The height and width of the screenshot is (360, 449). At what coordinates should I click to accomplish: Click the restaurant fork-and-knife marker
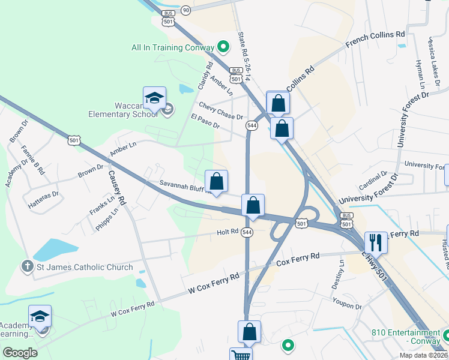tap(376, 242)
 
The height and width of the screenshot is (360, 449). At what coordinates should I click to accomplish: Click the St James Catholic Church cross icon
tap(26, 266)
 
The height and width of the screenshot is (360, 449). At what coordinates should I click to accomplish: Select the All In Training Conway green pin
tap(223, 46)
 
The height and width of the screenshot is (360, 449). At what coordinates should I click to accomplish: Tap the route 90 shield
tap(186, 10)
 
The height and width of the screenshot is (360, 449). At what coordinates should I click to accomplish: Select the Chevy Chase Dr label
tap(221, 111)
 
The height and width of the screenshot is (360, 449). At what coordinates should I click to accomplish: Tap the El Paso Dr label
tap(205, 121)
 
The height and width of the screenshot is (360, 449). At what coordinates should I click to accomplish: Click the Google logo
tap(20, 352)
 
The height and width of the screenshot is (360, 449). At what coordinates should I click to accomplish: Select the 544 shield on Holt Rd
tap(247, 232)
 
